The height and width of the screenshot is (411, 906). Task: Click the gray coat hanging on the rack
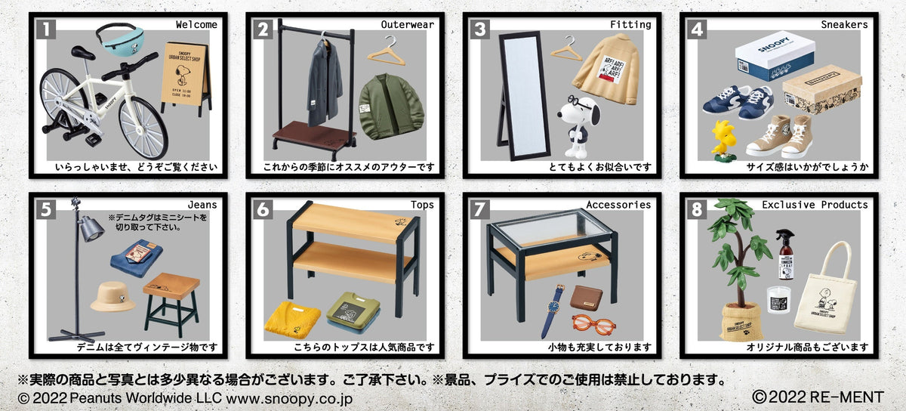[x=324, y=79]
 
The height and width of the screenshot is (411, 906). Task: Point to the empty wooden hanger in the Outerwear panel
[x=386, y=51]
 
